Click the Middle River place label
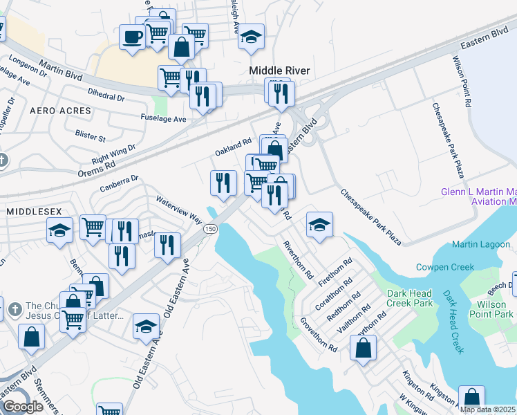[279, 71]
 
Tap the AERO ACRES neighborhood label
[61, 111]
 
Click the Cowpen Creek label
[445, 267]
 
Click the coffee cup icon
[131, 37]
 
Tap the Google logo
[23, 407]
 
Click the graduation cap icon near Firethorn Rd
[319, 225]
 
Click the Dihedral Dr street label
[106, 94]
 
